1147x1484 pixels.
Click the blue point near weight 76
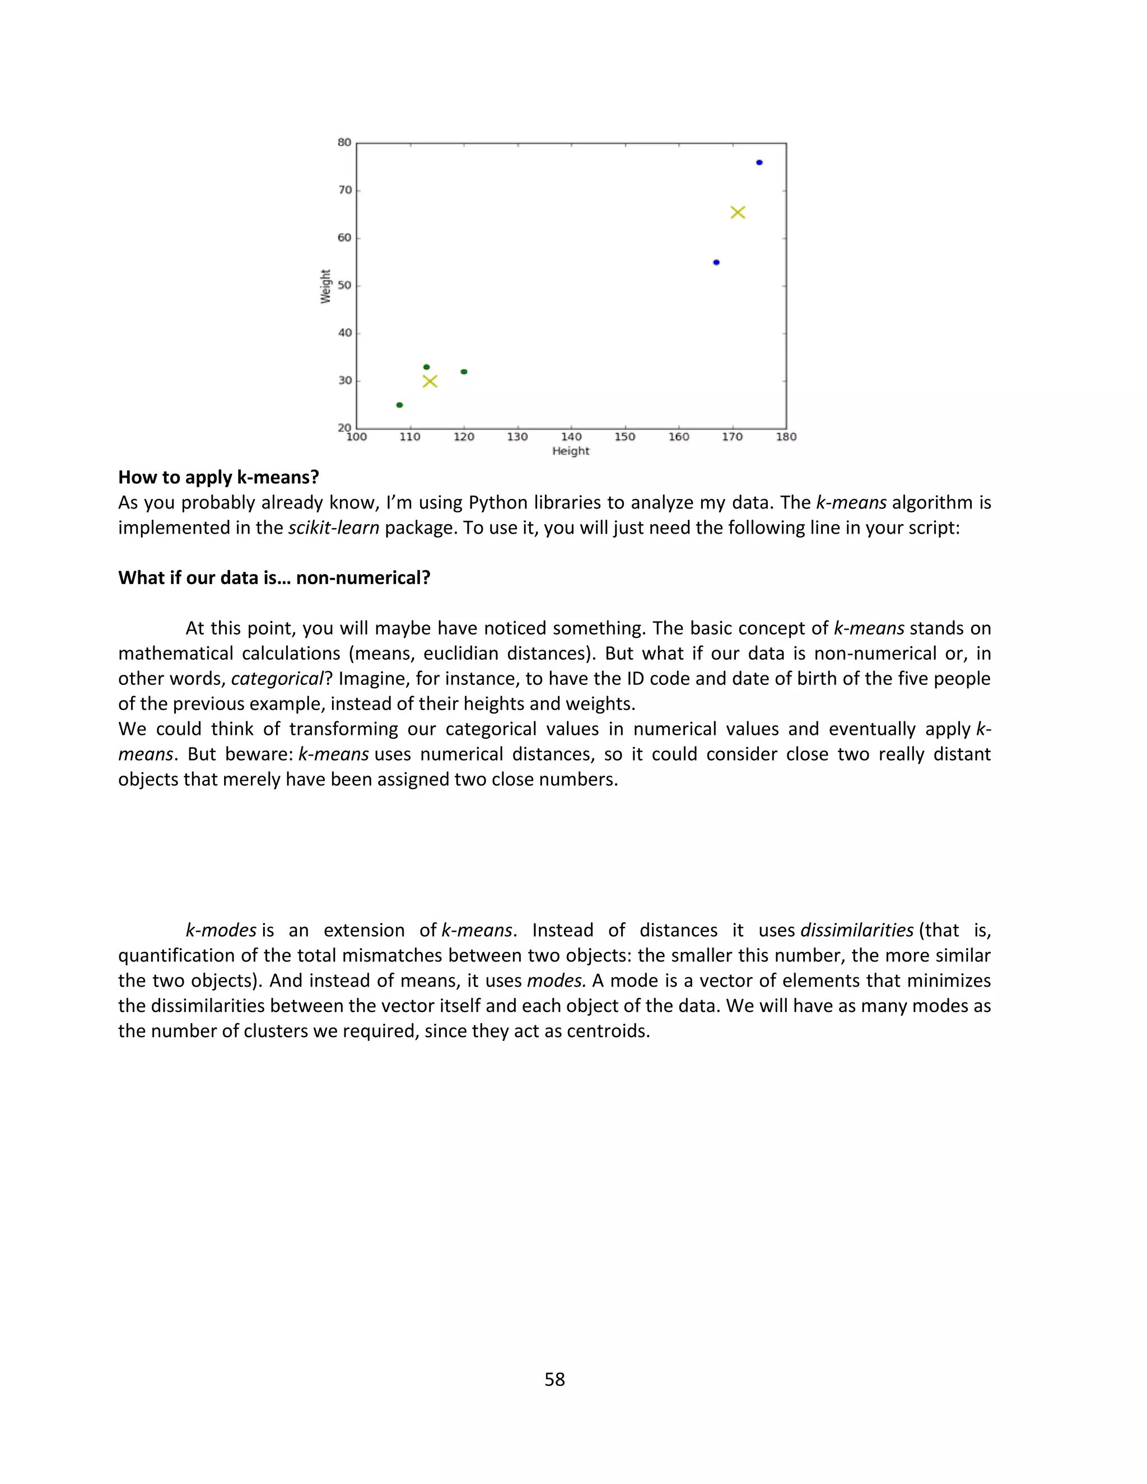coord(759,162)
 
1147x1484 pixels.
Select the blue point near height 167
coord(716,262)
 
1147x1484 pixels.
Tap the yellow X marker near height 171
coord(738,213)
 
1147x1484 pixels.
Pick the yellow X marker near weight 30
coord(430,381)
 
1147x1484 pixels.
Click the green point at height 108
coord(399,405)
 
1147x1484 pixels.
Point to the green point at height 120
coord(464,372)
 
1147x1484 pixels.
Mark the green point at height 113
coord(427,367)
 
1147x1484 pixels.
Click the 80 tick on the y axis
coord(344,143)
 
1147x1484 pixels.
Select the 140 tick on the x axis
coord(571,437)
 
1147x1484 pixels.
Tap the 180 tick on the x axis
coord(786,437)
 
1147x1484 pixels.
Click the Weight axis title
coord(325,286)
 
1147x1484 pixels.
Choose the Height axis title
coord(571,451)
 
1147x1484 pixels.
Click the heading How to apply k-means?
coord(218,477)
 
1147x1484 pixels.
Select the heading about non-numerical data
coord(274,577)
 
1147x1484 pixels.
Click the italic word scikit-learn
coord(334,528)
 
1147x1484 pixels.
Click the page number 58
coord(554,1379)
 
